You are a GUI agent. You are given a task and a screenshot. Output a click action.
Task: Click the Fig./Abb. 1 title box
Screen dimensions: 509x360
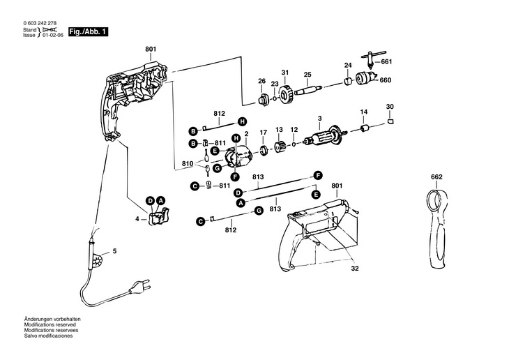(88, 32)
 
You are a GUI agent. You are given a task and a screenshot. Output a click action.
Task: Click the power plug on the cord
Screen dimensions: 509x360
(139, 286)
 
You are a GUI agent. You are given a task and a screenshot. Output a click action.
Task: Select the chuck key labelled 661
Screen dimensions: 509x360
(372, 59)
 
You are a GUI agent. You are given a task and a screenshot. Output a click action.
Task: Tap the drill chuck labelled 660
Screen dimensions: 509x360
(366, 78)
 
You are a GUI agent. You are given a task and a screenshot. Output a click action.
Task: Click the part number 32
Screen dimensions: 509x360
(355, 269)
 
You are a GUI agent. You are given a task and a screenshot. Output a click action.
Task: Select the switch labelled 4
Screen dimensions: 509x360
(159, 216)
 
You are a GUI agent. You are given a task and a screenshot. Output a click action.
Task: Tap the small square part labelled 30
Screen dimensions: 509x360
(390, 121)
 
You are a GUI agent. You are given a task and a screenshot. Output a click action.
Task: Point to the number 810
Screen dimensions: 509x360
(188, 163)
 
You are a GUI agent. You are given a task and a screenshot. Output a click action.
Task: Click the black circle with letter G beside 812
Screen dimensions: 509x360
(259, 211)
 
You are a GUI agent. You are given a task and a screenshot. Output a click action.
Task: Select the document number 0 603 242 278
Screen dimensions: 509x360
(40, 23)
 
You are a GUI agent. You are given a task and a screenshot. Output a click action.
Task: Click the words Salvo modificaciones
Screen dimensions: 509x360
(48, 336)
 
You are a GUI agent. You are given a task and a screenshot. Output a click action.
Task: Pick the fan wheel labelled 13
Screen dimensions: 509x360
(279, 147)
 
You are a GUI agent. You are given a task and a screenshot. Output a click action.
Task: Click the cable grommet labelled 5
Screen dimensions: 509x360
(97, 253)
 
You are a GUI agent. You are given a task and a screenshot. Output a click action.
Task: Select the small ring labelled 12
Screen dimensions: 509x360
(294, 144)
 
